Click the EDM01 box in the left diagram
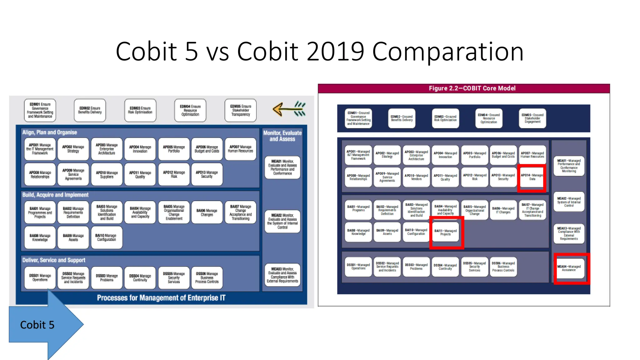coord(40,110)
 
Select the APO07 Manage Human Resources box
coord(240,149)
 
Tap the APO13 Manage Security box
coord(207,174)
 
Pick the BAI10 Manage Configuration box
coord(106,238)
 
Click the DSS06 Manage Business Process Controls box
coord(207,277)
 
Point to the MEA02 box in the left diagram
coord(282,221)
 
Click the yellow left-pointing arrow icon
coord(289,109)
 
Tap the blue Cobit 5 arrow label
coord(37,325)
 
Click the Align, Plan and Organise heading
coord(49,132)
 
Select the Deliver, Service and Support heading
coord(53,260)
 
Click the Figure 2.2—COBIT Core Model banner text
coord(472,88)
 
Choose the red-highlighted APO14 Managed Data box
coord(532,177)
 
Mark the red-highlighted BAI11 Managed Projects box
coord(446,232)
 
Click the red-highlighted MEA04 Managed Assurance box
coord(569,268)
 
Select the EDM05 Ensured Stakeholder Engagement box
coord(532,118)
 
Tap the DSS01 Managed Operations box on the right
coord(358,267)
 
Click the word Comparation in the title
coord(447,52)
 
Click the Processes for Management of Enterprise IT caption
coord(161,298)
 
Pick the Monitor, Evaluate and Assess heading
coord(282,136)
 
